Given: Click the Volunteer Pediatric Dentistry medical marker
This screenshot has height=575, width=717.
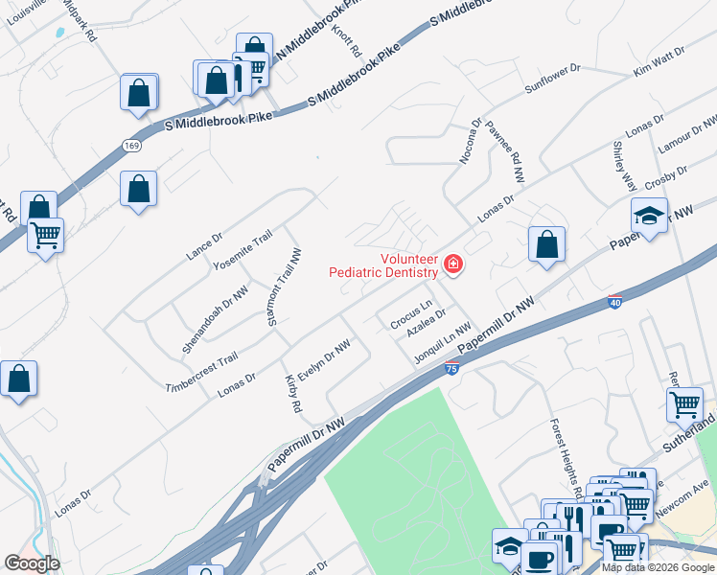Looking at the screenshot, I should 451,265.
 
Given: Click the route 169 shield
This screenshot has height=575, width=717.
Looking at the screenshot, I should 130,145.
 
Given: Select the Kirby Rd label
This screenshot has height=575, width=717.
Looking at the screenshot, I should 293,393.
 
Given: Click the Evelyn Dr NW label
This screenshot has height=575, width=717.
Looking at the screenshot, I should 322,362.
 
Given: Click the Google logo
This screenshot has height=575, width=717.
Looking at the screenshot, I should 32,563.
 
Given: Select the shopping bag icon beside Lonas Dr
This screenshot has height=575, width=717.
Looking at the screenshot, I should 545,244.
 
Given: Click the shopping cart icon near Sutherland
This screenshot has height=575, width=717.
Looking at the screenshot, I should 684,404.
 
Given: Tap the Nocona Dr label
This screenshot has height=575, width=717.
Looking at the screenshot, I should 471,142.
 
